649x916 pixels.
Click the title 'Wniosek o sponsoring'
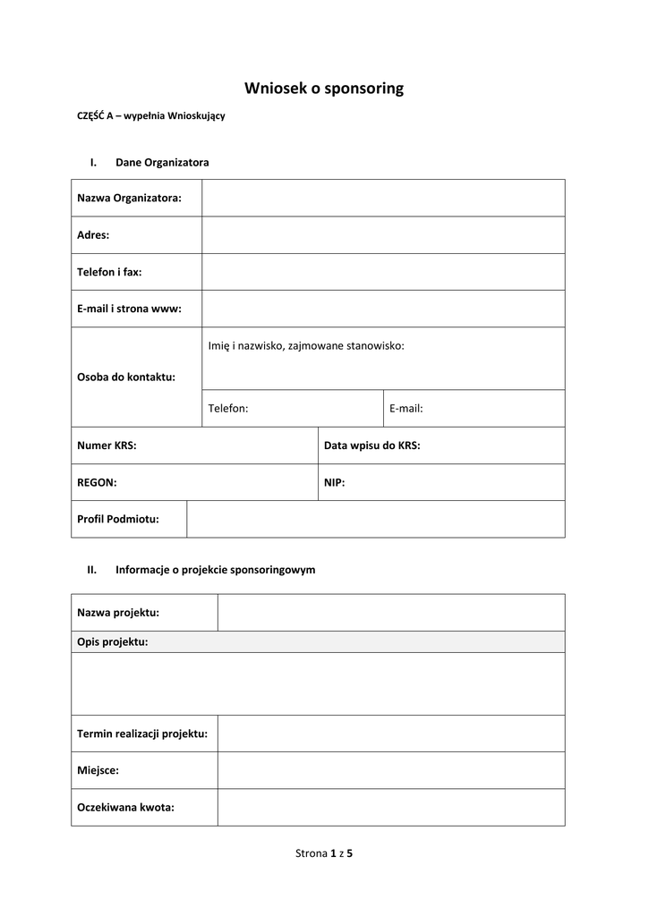click(x=324, y=89)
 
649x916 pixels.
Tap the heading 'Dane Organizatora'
click(x=162, y=162)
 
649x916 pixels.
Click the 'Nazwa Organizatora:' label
click(x=129, y=198)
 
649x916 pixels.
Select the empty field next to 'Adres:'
click(x=383, y=235)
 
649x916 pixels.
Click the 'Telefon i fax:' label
click(x=109, y=272)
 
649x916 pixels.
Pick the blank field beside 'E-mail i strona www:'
click(x=383, y=309)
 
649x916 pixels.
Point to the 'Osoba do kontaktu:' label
click(x=126, y=377)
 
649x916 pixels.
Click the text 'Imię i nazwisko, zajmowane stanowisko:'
click(x=306, y=345)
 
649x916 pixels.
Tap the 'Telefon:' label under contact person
click(x=228, y=409)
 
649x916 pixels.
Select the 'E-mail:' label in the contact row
click(x=406, y=409)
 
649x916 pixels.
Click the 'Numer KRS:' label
click(x=107, y=445)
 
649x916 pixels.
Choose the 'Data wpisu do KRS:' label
click(x=371, y=445)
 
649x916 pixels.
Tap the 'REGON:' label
click(x=97, y=482)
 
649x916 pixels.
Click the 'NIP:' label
click(x=334, y=482)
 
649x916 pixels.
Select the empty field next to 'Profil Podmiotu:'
click(x=376, y=519)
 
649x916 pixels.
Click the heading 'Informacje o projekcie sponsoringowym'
click(x=215, y=569)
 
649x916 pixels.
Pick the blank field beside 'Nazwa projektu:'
click(x=391, y=613)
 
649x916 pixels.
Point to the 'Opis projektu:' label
click(x=113, y=641)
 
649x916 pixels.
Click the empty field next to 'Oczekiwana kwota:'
click(x=391, y=807)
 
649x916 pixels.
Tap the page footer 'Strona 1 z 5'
click(x=324, y=853)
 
